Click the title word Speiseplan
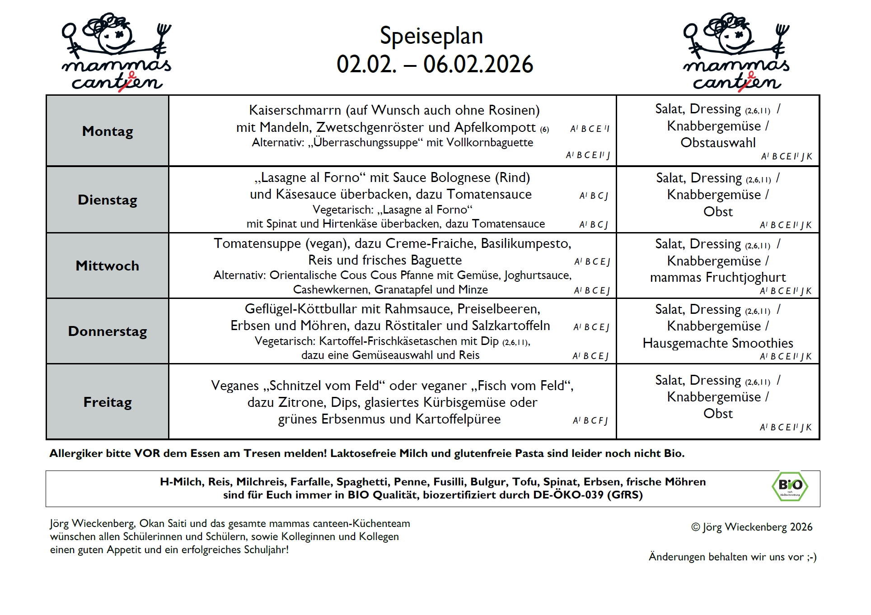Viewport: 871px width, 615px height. (431, 36)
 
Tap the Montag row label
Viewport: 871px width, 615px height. (108, 131)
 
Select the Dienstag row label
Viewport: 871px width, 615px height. (108, 200)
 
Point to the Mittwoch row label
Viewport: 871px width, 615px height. (108, 266)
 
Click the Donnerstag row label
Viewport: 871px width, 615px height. (108, 331)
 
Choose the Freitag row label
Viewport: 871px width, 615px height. (108, 402)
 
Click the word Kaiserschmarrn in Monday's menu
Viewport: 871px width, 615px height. (295, 110)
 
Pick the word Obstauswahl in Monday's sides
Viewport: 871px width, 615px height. (718, 143)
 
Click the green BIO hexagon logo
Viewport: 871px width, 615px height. (790, 486)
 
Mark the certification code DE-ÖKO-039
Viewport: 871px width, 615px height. (568, 495)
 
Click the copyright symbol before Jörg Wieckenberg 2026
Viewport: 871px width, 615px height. (695, 527)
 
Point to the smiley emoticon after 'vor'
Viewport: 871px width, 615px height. (812, 557)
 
